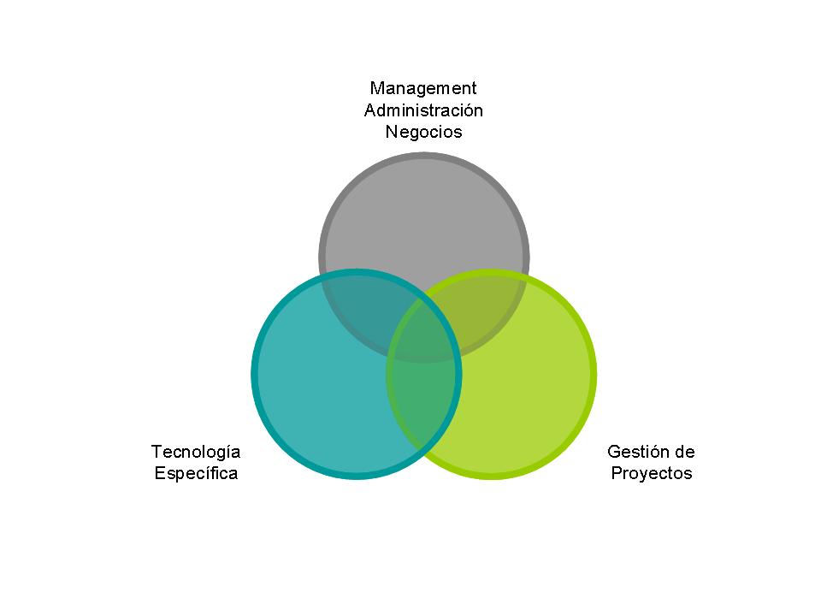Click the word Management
(423, 88)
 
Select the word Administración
(423, 110)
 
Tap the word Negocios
(423, 133)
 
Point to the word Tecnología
(196, 452)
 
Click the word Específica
(196, 474)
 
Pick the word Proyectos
(652, 474)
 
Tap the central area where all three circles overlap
(424, 329)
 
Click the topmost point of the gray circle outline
(424, 155)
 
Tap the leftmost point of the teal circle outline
(254, 374)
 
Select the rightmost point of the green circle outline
(594, 374)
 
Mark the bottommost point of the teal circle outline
(357, 476)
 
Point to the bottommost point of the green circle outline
(491, 476)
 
